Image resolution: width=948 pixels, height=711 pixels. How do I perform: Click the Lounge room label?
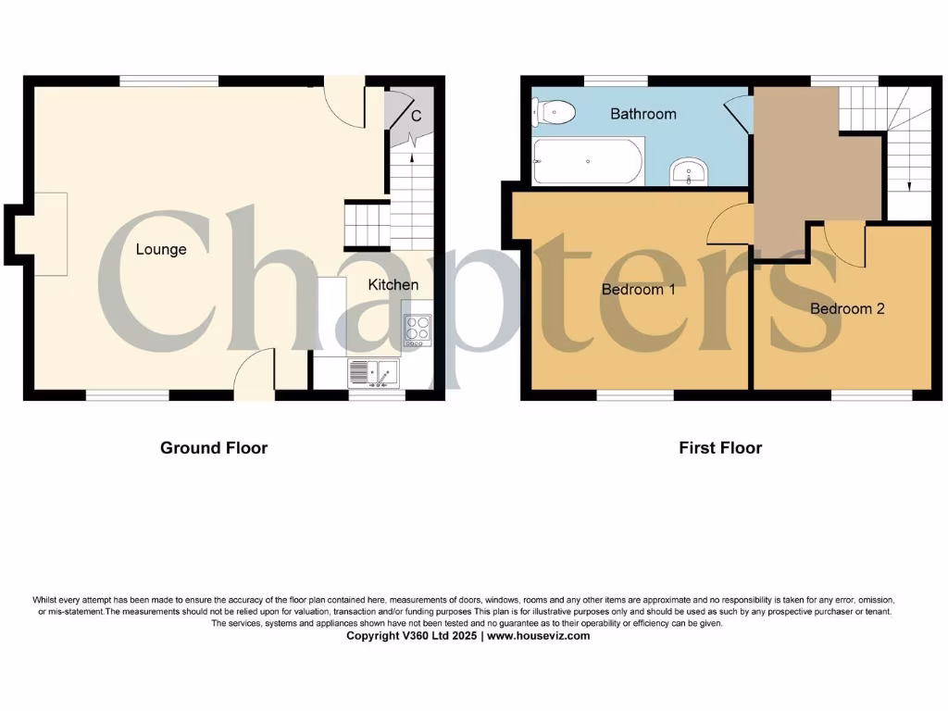(x=161, y=249)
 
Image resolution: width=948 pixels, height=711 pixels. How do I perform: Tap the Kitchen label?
(x=393, y=284)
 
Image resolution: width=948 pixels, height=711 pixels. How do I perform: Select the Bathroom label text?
(x=643, y=114)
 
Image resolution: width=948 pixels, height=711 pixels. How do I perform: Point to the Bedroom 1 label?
(x=639, y=289)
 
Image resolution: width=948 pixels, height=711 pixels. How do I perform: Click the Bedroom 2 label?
(x=847, y=308)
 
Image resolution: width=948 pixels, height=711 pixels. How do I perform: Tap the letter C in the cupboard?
(x=417, y=116)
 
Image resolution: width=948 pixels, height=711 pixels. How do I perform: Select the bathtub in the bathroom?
(x=589, y=161)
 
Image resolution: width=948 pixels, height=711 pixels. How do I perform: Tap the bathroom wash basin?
(x=689, y=171)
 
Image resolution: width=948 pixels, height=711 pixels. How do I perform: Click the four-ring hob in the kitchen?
(x=418, y=330)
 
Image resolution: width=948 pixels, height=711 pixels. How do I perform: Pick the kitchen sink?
(x=372, y=373)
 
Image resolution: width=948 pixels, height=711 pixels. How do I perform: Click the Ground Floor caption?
(x=214, y=448)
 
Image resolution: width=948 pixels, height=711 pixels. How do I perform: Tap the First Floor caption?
(x=720, y=448)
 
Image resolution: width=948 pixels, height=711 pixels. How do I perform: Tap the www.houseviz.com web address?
(x=538, y=636)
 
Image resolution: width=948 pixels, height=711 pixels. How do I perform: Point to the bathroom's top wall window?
(x=616, y=81)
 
